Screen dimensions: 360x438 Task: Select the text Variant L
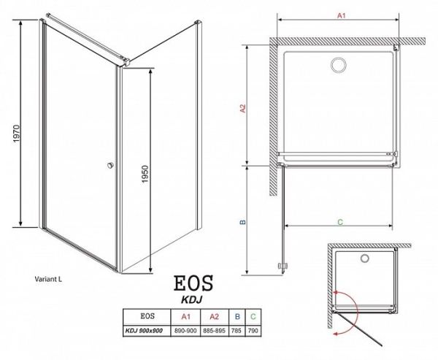(50, 279)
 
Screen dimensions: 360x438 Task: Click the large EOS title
(193, 284)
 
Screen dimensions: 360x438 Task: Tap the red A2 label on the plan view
(243, 109)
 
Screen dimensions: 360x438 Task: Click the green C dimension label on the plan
(341, 219)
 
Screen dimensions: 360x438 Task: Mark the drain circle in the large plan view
(339, 66)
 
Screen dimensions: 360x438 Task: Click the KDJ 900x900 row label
(145, 329)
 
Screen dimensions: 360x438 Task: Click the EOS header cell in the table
(145, 316)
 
